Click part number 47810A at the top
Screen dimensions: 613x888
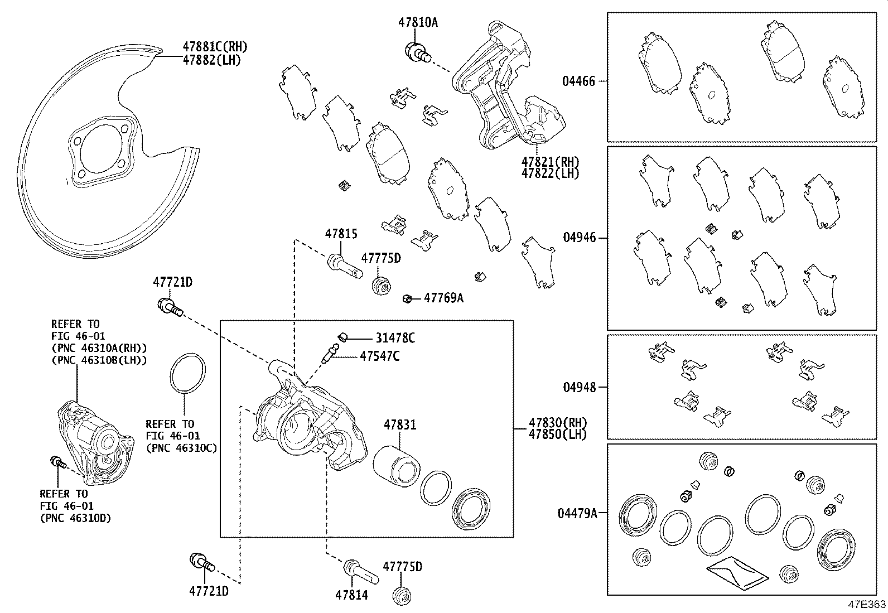(418, 22)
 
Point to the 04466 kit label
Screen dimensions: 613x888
(578, 81)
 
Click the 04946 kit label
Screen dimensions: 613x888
(579, 238)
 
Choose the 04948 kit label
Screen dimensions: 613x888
(579, 387)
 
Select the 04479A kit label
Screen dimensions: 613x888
(577, 513)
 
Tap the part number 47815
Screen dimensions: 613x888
(341, 234)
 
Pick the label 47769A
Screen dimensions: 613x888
(443, 298)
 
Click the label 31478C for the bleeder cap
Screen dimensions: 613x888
(395, 338)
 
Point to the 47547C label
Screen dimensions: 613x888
(379, 356)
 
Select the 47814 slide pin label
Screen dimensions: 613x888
(351, 595)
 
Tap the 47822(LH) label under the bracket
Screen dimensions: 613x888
(550, 173)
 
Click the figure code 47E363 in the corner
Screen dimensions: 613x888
(867, 605)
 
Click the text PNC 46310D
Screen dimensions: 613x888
(75, 518)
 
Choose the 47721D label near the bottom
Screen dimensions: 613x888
(209, 591)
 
